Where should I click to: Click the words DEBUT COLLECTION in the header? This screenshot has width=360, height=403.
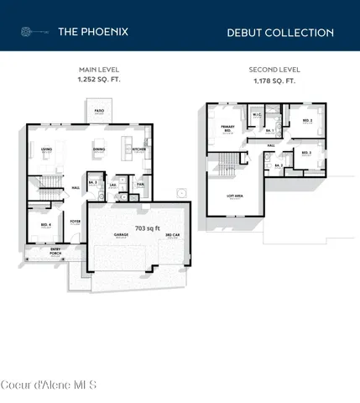(x=280, y=33)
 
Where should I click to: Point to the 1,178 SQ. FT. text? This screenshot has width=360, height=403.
(x=274, y=81)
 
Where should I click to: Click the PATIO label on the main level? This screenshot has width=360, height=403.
(x=99, y=111)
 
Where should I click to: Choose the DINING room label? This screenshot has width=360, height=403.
(x=98, y=149)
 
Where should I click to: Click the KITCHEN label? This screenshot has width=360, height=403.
(x=138, y=149)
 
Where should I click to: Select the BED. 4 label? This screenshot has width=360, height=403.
(x=44, y=224)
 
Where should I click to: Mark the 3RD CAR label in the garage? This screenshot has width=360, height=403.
(x=173, y=236)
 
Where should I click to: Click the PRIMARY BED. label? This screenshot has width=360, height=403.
(x=227, y=128)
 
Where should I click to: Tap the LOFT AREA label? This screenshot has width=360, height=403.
(x=235, y=196)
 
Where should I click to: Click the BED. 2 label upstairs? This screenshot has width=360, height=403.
(x=307, y=120)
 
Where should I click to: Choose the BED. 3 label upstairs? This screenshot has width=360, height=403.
(x=307, y=152)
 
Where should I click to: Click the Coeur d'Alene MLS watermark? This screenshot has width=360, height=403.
(x=49, y=385)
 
